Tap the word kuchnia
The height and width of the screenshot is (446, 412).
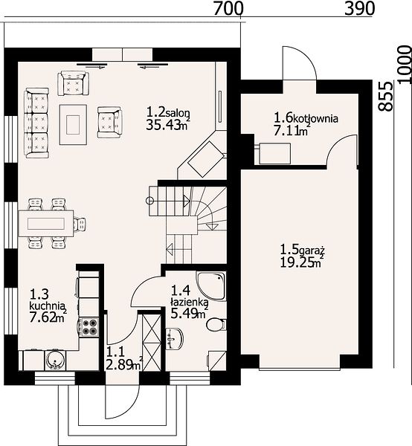[47, 306]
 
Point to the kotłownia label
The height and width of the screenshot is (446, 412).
[315, 118]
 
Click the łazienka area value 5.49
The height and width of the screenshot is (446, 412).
[185, 314]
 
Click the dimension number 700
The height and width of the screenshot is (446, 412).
[228, 8]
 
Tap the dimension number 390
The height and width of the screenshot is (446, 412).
[359, 8]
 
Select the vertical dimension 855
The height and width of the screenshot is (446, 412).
[386, 96]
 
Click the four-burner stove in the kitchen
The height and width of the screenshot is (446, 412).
[89, 327]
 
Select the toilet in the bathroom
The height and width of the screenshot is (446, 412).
[216, 324]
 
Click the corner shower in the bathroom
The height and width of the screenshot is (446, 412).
[211, 285]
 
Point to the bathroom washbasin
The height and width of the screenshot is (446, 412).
[174, 338]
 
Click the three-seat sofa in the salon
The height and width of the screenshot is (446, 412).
[37, 123]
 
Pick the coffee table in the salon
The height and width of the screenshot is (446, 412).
[73, 125]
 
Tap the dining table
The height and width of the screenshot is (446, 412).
[46, 224]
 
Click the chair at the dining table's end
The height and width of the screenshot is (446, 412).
[80, 224]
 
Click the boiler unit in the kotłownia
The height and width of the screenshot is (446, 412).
[274, 154]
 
